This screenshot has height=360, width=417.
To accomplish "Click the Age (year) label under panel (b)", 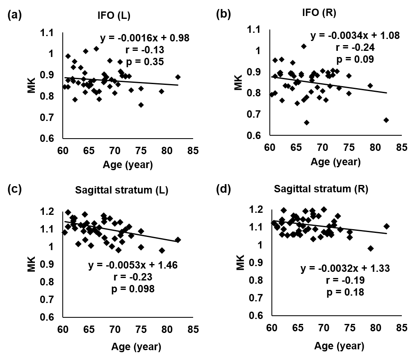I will [335, 162].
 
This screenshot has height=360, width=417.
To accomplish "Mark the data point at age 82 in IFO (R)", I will [386, 120].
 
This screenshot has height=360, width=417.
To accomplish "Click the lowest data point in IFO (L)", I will [141, 105].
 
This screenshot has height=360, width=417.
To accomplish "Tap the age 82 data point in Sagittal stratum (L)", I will [178, 240].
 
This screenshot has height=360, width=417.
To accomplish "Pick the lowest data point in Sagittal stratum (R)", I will [371, 248].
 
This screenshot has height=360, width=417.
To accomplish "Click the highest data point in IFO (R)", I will [304, 46].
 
